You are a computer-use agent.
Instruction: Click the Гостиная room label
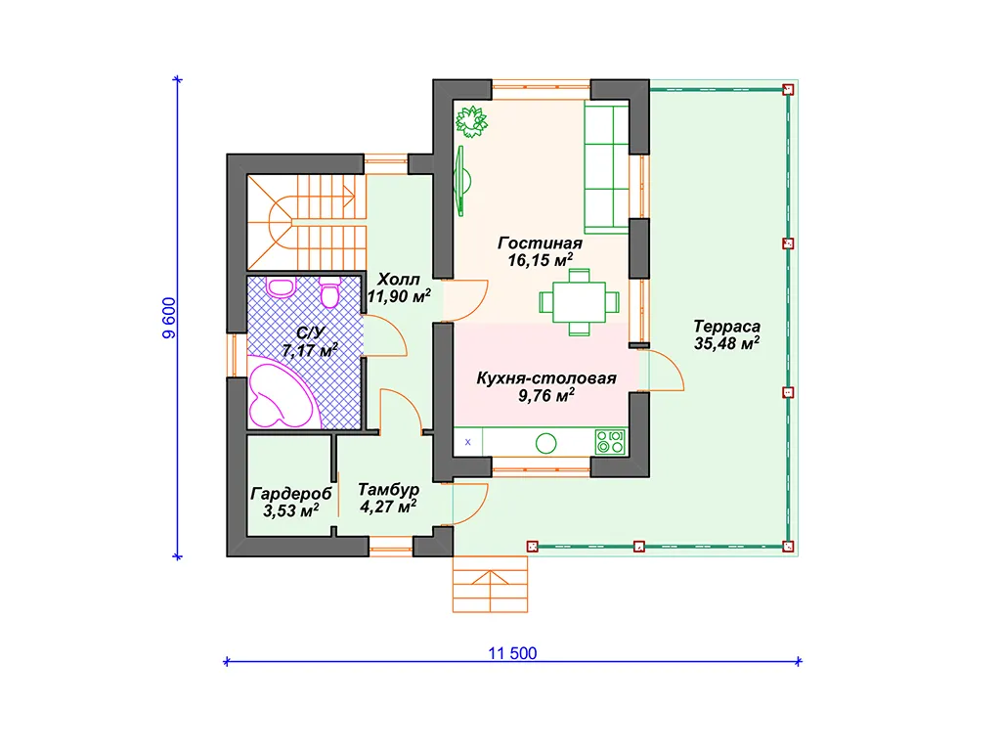[x=540, y=243]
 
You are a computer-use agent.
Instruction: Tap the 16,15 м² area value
[x=540, y=260]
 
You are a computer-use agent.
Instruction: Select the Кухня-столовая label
[x=546, y=378]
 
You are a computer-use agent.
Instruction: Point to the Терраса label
[x=727, y=327]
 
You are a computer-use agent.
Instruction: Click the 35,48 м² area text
[x=726, y=343]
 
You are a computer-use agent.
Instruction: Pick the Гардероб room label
[x=291, y=494]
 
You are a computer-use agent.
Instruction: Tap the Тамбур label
[x=388, y=490]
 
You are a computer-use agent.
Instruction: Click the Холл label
[x=399, y=279]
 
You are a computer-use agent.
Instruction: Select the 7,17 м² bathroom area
[x=310, y=350]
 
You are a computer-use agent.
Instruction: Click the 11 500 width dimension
[x=512, y=653]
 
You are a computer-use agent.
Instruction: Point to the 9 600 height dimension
[x=169, y=318]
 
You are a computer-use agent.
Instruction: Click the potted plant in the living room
[x=472, y=121]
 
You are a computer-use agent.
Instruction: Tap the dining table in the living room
[x=579, y=302]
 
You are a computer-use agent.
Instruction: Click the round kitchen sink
[x=545, y=443]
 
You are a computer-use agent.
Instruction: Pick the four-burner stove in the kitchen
[x=610, y=441]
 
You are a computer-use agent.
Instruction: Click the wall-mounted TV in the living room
[x=462, y=181]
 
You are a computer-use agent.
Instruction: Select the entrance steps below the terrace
[x=491, y=585]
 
